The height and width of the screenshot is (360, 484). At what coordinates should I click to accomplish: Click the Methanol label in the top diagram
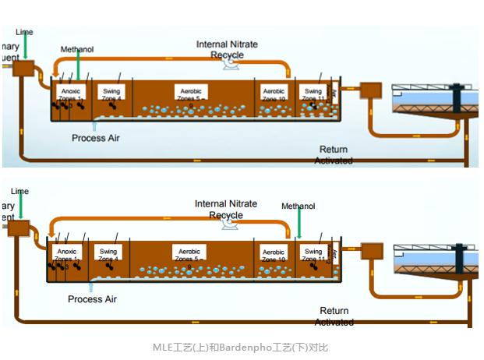(x=77, y=50)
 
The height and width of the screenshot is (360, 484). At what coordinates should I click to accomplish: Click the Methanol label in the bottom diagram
(x=299, y=206)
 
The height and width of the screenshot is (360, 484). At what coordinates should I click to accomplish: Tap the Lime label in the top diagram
(x=24, y=32)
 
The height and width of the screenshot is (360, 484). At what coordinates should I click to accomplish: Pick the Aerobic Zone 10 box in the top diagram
(x=274, y=93)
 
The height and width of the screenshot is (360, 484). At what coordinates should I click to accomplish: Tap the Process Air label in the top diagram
(x=96, y=138)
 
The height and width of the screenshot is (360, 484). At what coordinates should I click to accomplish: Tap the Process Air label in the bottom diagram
(x=91, y=298)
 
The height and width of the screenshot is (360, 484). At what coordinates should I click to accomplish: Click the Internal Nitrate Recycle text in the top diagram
(x=227, y=49)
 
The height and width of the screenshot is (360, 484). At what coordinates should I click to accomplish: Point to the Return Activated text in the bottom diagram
(x=334, y=316)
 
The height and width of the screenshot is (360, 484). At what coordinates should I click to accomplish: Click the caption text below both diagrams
(x=240, y=347)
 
